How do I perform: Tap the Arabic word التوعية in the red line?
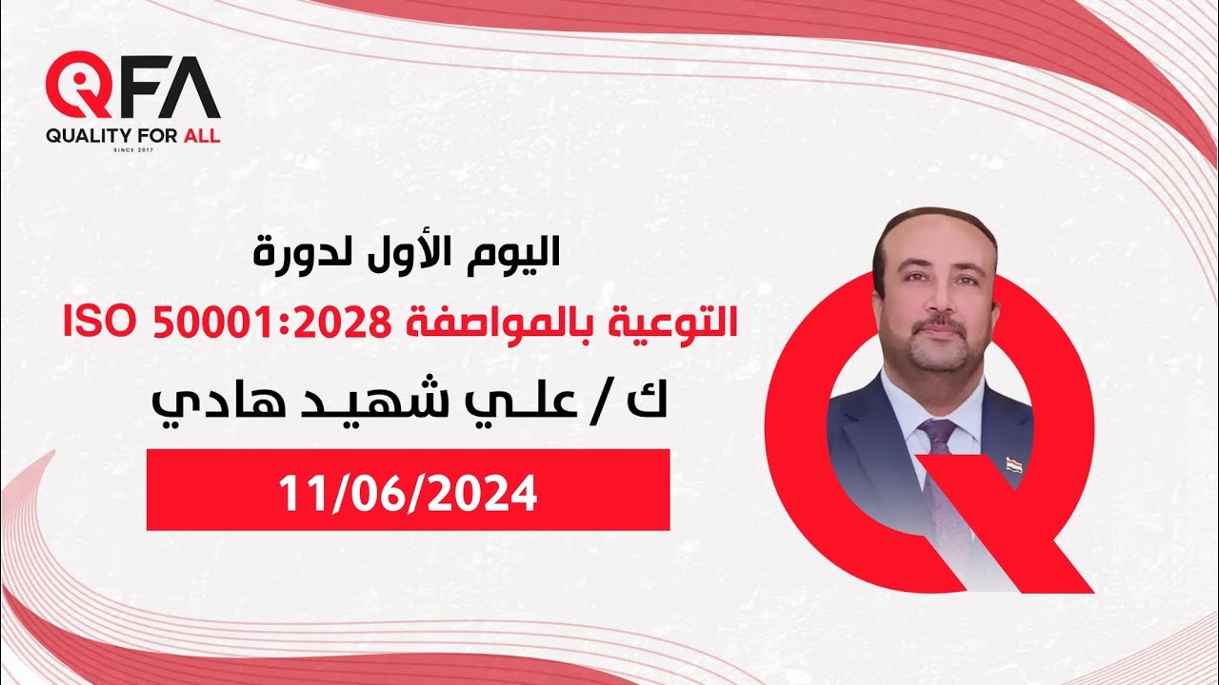683,323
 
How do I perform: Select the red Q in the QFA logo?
78,89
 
